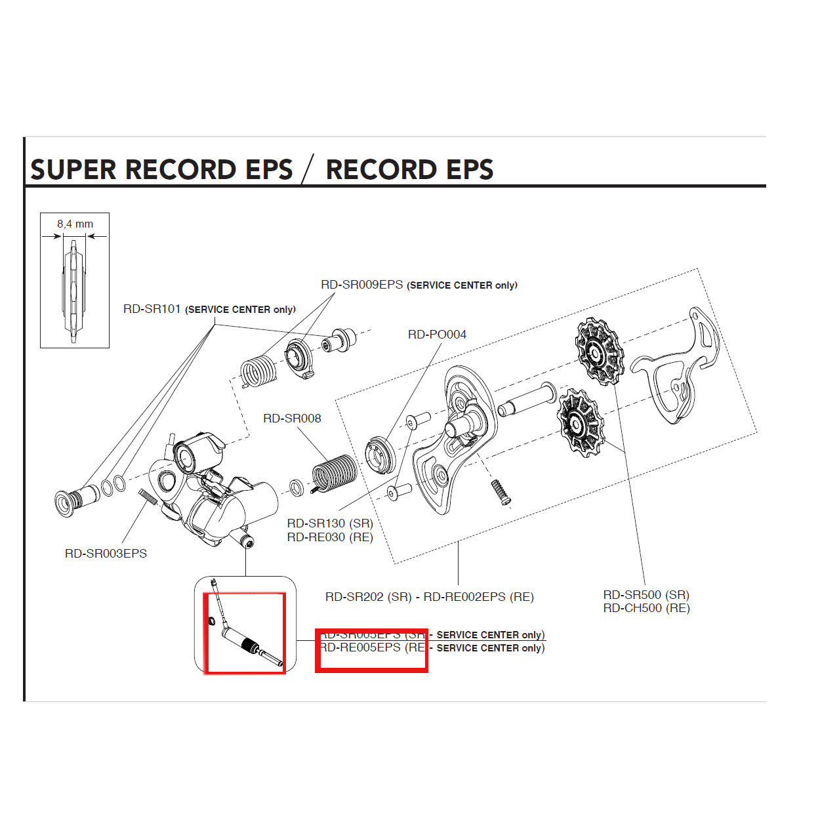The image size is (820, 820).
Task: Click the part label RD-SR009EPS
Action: coord(361,285)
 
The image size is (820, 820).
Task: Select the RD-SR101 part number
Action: coord(152,309)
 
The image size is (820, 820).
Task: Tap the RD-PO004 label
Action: coord(437,335)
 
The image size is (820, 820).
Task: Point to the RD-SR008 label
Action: coord(292,419)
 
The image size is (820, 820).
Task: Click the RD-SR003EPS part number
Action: coord(106,554)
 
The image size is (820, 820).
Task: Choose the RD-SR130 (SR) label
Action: coord(330,523)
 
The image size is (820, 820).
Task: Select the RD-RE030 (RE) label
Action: coord(330,537)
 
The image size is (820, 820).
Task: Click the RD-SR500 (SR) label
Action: coord(646,595)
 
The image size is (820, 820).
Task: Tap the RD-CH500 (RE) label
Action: coord(646,608)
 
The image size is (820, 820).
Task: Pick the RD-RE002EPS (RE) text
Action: coord(478,597)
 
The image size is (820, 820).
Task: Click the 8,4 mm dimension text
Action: coord(75,224)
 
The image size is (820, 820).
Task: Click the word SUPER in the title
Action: coord(73,170)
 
